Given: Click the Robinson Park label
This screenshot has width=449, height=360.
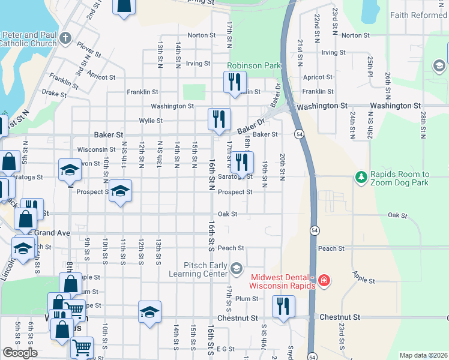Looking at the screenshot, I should (x=253, y=64).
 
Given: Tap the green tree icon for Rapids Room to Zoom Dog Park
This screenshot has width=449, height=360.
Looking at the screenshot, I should (x=361, y=177).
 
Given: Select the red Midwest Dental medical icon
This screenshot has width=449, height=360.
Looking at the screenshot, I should (x=324, y=280).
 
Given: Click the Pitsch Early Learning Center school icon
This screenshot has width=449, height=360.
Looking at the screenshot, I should (x=237, y=268).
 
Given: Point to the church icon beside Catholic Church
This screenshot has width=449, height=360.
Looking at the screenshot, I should (x=65, y=39).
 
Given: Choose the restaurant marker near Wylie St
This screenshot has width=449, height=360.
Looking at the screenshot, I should (x=218, y=118).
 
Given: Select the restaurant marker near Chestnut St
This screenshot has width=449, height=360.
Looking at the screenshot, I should (x=282, y=307).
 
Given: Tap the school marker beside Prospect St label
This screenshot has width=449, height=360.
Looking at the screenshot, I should (x=121, y=191).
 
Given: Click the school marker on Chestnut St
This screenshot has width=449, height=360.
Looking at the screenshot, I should (x=149, y=311).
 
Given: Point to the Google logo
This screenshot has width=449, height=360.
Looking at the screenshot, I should (x=20, y=353).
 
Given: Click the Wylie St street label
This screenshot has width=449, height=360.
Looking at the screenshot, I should (x=151, y=121).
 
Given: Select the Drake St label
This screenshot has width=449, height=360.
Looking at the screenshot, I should (x=54, y=94).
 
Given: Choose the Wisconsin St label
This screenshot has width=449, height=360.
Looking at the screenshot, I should (x=96, y=149).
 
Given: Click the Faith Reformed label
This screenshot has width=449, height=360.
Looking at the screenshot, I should (x=418, y=15).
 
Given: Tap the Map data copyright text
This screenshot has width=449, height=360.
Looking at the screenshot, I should (x=423, y=355).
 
